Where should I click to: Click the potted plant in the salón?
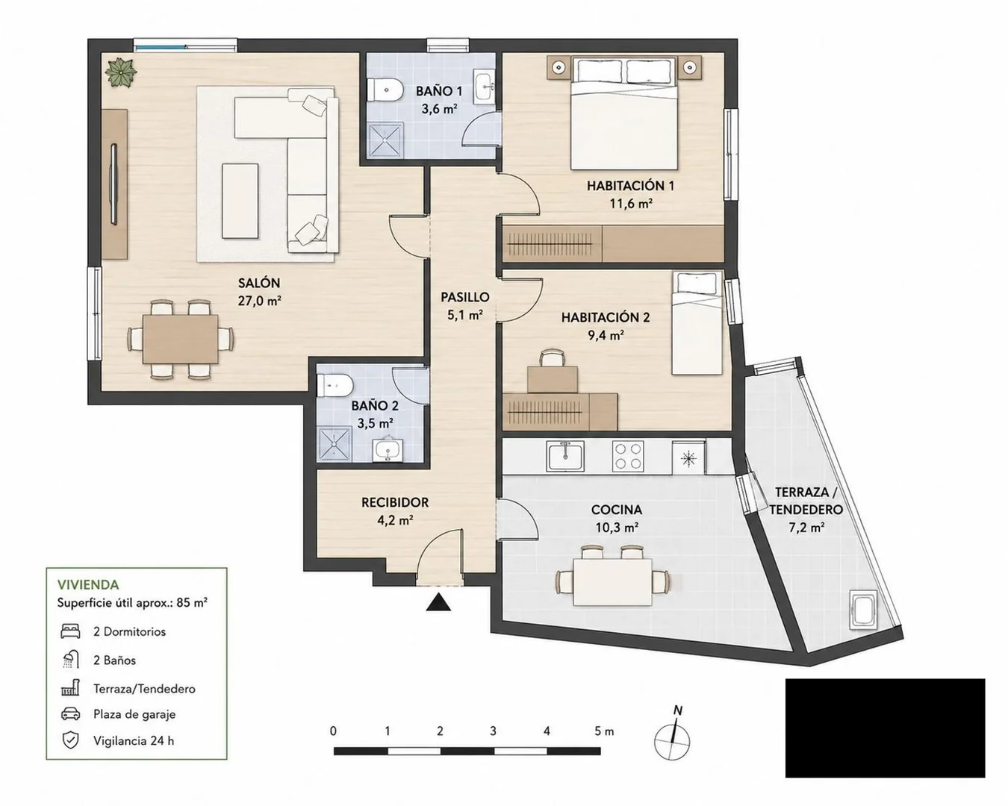[121, 72]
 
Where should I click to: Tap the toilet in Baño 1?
[385, 90]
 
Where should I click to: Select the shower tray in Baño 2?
[335, 444]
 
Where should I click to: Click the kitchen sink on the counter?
[564, 456]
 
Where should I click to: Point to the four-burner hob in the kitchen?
[628, 456]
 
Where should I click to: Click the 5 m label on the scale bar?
[604, 731]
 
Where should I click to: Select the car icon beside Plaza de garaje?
[70, 714]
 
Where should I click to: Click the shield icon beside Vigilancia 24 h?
[70, 741]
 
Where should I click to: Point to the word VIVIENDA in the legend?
[88, 585]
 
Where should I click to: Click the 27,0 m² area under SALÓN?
[259, 301]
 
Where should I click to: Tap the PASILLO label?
[464, 297]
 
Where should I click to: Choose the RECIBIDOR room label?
[395, 502]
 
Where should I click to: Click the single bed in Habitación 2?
[697, 322]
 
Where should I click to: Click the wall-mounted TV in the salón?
[113, 184]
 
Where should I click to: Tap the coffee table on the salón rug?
[240, 201]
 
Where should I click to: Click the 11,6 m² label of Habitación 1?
[631, 204]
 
